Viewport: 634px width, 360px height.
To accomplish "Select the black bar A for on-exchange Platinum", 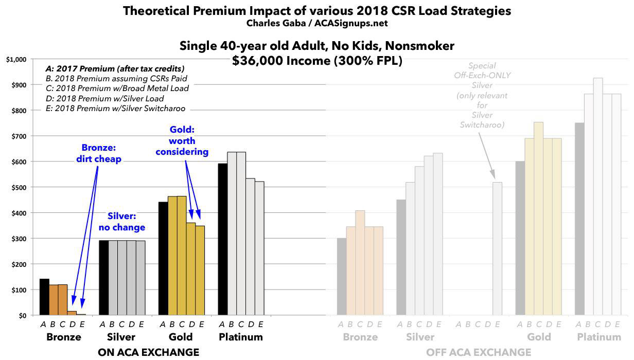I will pyautogui.click(x=222, y=239).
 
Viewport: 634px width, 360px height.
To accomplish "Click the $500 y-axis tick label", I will pyautogui.click(x=17, y=187).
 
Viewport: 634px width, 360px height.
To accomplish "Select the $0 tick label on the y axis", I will pyautogui.click(x=21, y=315).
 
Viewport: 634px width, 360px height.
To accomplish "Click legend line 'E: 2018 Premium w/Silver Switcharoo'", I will pyautogui.click(x=115, y=108).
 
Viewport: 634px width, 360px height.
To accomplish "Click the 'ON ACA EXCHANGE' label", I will pyautogui.click(x=148, y=352).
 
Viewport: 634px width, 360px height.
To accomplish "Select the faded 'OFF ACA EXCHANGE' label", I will pyautogui.click(x=479, y=352).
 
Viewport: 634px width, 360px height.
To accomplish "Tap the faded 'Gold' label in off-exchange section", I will pyautogui.click(x=538, y=337).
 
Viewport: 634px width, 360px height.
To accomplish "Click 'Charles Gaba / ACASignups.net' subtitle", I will pyautogui.click(x=316, y=24).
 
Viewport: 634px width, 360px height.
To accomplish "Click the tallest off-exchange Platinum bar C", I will pyautogui.click(x=598, y=195).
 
